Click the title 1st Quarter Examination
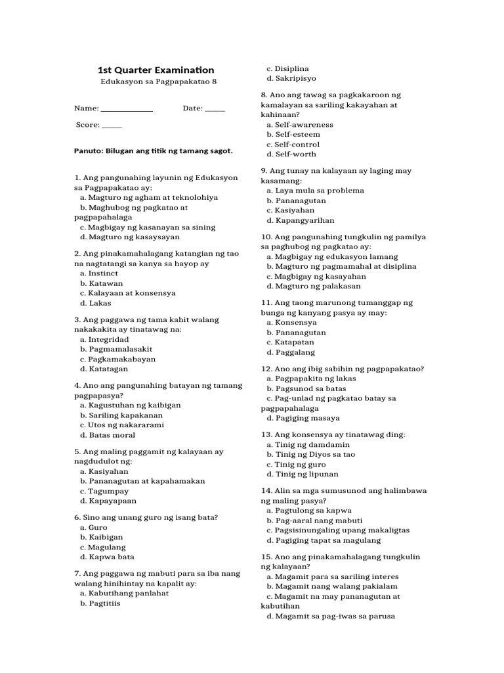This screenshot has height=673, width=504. point(156,70)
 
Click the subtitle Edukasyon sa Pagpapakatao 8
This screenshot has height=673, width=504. point(156,83)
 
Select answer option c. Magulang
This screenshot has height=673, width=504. point(103,547)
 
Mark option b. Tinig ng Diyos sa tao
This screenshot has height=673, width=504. point(311,454)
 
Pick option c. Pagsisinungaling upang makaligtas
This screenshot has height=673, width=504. point(338,530)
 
